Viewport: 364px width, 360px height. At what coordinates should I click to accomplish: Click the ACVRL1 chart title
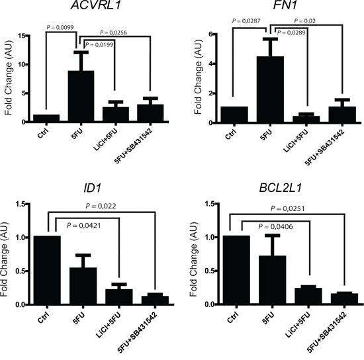pyautogui.click(x=96, y=5)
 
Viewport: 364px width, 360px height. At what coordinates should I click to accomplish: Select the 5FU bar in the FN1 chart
pyautogui.click(x=270, y=89)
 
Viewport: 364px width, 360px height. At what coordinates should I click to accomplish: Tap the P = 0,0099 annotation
pyautogui.click(x=60, y=27)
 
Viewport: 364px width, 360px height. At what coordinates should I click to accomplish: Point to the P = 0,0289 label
pyautogui.click(x=291, y=32)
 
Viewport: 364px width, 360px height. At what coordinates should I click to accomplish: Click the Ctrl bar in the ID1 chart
pyautogui.click(x=47, y=270)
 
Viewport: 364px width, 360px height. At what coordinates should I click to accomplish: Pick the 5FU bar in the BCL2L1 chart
pyautogui.click(x=272, y=280)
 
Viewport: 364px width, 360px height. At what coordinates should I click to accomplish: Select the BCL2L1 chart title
pyautogui.click(x=281, y=187)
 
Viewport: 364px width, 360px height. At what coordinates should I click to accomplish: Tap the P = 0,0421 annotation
pyautogui.click(x=84, y=225)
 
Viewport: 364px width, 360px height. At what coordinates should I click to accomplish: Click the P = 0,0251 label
pyautogui.click(x=287, y=208)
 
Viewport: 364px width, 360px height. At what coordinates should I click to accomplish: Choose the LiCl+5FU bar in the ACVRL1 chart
pyautogui.click(x=116, y=114)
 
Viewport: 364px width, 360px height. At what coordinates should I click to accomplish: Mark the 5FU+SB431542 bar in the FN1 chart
pyautogui.click(x=342, y=114)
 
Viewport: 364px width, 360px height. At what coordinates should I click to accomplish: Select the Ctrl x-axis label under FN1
pyautogui.click(x=230, y=134)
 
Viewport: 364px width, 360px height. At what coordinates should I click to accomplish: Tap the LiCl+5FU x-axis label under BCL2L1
pyautogui.click(x=297, y=324)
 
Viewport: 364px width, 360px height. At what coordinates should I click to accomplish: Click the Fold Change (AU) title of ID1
pyautogui.click(x=4, y=259)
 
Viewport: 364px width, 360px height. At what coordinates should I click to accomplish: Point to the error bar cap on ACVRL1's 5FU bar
pyautogui.click(x=81, y=52)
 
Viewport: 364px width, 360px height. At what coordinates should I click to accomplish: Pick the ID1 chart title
pyautogui.click(x=93, y=187)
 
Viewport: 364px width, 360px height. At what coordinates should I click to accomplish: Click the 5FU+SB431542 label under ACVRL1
pyautogui.click(x=133, y=146)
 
